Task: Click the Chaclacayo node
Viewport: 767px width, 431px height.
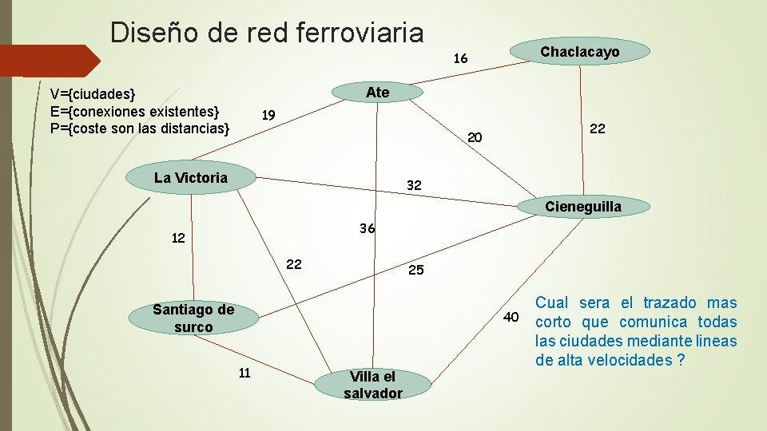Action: tap(579, 53)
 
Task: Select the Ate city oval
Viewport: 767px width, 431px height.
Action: tap(377, 93)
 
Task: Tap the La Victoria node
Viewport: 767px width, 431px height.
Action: tap(191, 178)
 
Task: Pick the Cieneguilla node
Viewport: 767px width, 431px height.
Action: tap(582, 208)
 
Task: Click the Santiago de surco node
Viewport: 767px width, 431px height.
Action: tap(193, 318)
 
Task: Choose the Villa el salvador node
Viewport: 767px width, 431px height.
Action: tap(372, 384)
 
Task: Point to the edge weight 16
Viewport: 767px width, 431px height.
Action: tap(460, 59)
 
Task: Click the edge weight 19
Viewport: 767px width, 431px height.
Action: tap(268, 115)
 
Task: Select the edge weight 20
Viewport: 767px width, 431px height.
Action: tap(475, 138)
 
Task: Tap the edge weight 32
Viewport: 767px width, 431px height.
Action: tap(414, 186)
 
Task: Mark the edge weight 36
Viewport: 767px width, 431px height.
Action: tap(368, 228)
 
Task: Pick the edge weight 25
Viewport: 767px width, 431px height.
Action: tap(416, 271)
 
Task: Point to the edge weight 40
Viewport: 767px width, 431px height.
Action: tap(512, 318)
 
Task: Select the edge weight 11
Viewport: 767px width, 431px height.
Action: tap(244, 372)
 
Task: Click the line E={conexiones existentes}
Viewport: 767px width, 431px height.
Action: tap(134, 111)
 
